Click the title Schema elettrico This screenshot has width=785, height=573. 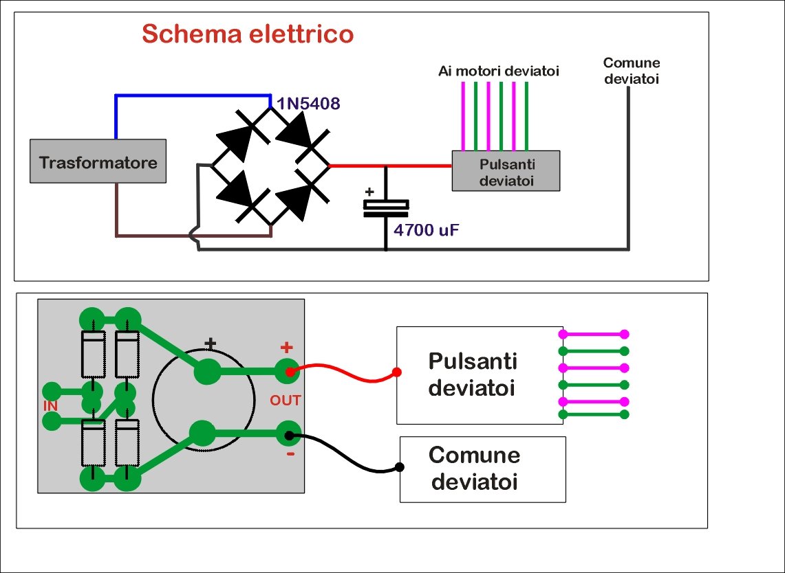pos(247,33)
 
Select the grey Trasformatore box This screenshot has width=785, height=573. pos(98,162)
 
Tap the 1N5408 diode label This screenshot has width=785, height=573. pos(308,104)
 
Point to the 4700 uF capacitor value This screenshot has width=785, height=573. pos(426,229)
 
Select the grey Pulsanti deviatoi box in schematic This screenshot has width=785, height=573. pos(506,171)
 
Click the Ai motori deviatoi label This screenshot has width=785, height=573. pos(499,71)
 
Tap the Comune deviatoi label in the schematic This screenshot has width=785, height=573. pos(631,71)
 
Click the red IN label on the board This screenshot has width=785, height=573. pos(50,406)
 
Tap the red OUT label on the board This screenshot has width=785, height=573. pos(286,400)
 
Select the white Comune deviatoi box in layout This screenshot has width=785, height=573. pos(482,469)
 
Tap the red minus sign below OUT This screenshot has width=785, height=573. pos(290,454)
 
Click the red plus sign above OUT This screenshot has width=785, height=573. pos(286,348)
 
